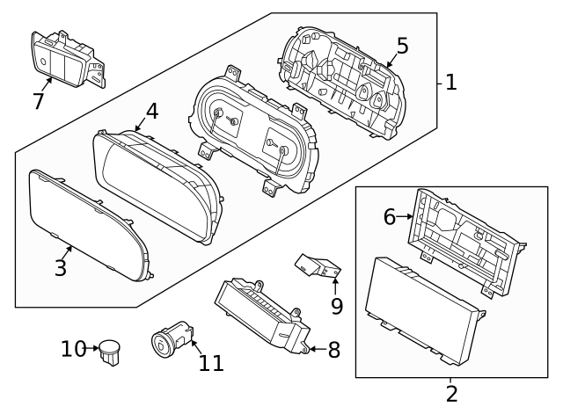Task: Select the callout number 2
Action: (451, 394)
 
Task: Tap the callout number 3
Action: (60, 268)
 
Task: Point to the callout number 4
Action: (151, 112)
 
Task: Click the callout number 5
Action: (401, 46)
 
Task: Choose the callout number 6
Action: (390, 216)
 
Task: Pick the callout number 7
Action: (38, 101)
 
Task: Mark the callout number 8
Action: (333, 350)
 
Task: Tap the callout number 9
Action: (335, 306)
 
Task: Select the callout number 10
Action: (73, 349)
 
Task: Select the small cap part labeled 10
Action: (110, 349)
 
